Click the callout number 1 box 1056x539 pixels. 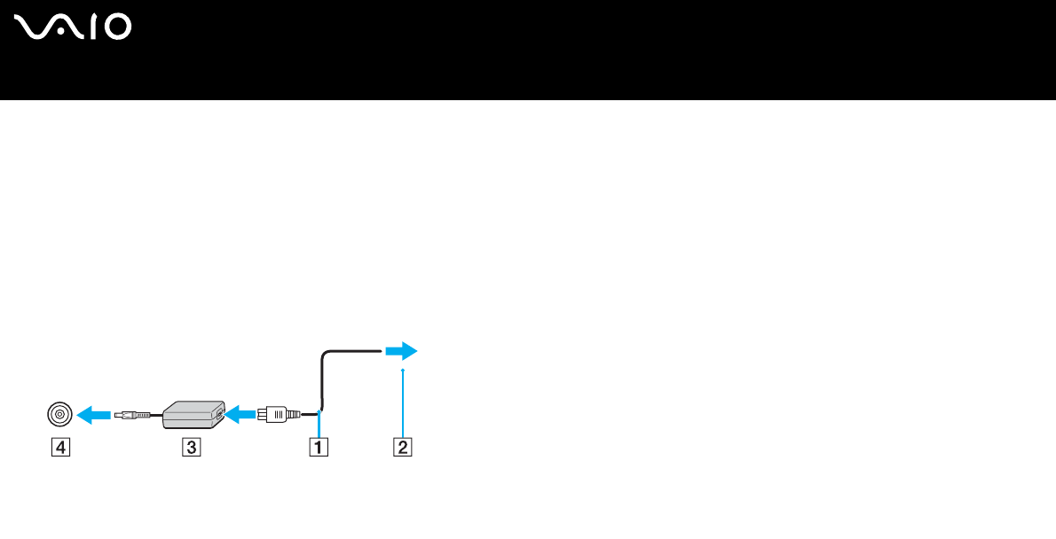[x=318, y=448]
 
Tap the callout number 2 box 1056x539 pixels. [x=403, y=448]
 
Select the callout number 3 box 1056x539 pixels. [x=192, y=448]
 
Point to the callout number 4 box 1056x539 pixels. [x=59, y=448]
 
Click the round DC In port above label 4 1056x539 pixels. [x=59, y=413]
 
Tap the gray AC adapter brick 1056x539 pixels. [x=191, y=414]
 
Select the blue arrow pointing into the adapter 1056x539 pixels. [x=239, y=413]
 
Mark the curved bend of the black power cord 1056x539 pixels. [x=325, y=356]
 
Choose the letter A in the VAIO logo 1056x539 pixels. [x=67, y=27]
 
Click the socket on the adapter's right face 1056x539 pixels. [x=218, y=413]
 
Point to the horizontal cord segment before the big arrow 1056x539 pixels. [x=355, y=350]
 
